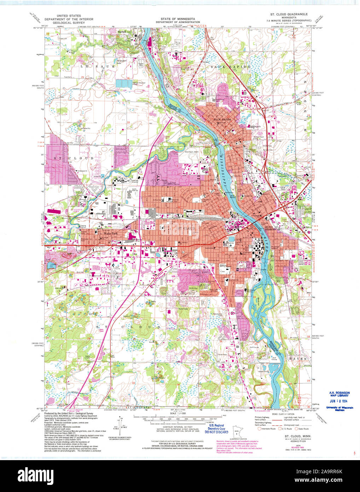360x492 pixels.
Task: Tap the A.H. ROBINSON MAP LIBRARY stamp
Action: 339,394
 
